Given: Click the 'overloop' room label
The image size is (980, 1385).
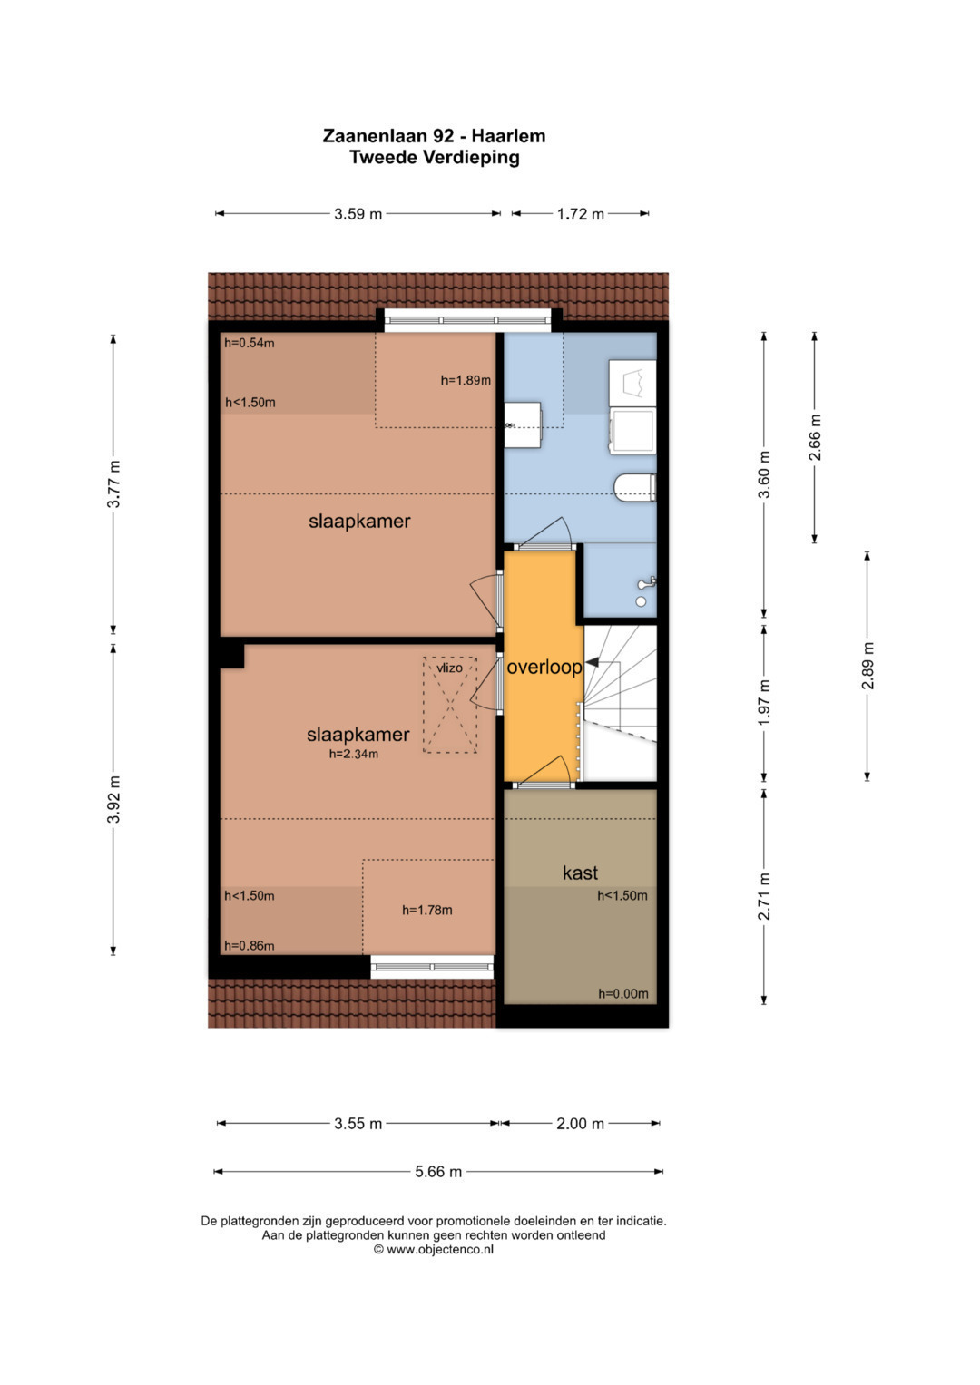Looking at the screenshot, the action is tap(544, 668).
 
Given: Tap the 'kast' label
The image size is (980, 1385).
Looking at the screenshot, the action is tap(580, 873).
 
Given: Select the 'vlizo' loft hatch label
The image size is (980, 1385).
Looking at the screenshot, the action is tap(449, 668).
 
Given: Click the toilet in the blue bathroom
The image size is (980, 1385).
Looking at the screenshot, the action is tap(635, 486).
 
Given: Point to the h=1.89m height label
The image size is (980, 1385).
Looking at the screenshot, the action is tap(465, 380).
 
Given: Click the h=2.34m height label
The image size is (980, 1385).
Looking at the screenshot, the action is tap(353, 754).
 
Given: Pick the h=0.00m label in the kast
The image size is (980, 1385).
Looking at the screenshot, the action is tap(623, 993).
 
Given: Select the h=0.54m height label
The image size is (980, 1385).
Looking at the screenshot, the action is tap(249, 343).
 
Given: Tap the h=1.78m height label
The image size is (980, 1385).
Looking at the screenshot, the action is tap(426, 910).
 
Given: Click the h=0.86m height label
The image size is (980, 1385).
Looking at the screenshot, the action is tap(249, 945).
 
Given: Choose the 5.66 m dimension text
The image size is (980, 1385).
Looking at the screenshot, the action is tap(438, 1172).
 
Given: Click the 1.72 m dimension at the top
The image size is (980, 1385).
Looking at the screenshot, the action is tap(581, 214).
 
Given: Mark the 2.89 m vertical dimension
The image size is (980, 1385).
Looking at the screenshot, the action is tap(868, 666).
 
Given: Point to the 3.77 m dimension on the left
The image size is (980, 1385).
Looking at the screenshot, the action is tap(113, 484).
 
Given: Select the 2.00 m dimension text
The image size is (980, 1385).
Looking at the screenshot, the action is tap(580, 1124).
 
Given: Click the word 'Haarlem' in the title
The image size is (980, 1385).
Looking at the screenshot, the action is tap(508, 136).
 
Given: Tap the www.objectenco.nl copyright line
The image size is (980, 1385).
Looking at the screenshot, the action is tap(433, 1250).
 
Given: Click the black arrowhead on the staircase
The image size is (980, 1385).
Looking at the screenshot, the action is tap(592, 663).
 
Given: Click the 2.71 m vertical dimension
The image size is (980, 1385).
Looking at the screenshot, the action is tap(765, 896).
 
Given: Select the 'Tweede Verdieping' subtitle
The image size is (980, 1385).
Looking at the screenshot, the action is tap(435, 157).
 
